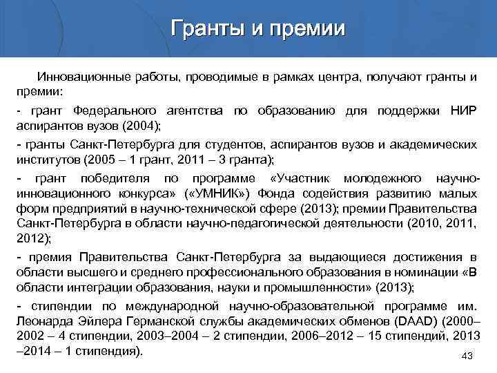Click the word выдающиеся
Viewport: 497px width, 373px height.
pyautogui.click(x=331, y=258)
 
